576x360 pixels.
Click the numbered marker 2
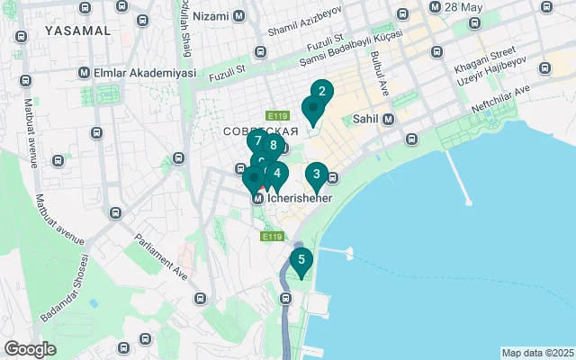(x=322, y=91)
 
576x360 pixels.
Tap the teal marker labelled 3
(x=316, y=174)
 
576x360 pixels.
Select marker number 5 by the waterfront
(x=301, y=260)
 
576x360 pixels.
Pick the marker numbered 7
(x=258, y=141)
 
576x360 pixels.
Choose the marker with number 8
(x=273, y=146)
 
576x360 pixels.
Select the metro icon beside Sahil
(x=388, y=119)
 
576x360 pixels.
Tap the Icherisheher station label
(x=301, y=198)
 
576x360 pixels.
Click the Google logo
(x=30, y=348)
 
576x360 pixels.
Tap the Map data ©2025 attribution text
(x=537, y=353)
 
